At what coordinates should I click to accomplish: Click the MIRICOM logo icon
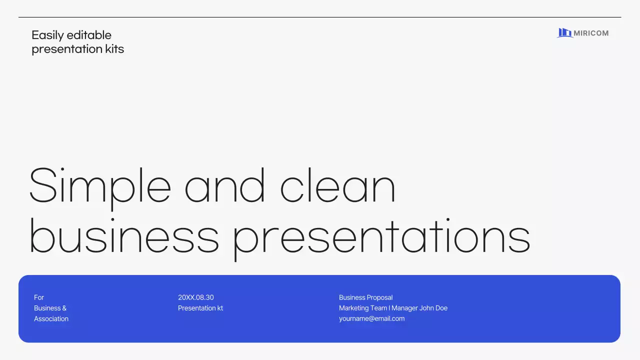point(564,33)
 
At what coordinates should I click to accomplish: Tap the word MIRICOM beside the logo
point(591,33)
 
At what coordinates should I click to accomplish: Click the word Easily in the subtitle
point(47,35)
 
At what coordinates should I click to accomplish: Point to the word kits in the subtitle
point(113,49)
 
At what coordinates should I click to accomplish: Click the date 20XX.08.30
point(196,297)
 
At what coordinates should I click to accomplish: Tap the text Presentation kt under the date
point(200,308)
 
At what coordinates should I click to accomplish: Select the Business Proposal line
point(365,297)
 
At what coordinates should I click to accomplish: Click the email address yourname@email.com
point(371,318)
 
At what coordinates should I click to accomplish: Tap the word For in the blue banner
point(39,297)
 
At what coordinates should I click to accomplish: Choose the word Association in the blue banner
point(51,318)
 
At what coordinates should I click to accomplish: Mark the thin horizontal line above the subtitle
point(320,17)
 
